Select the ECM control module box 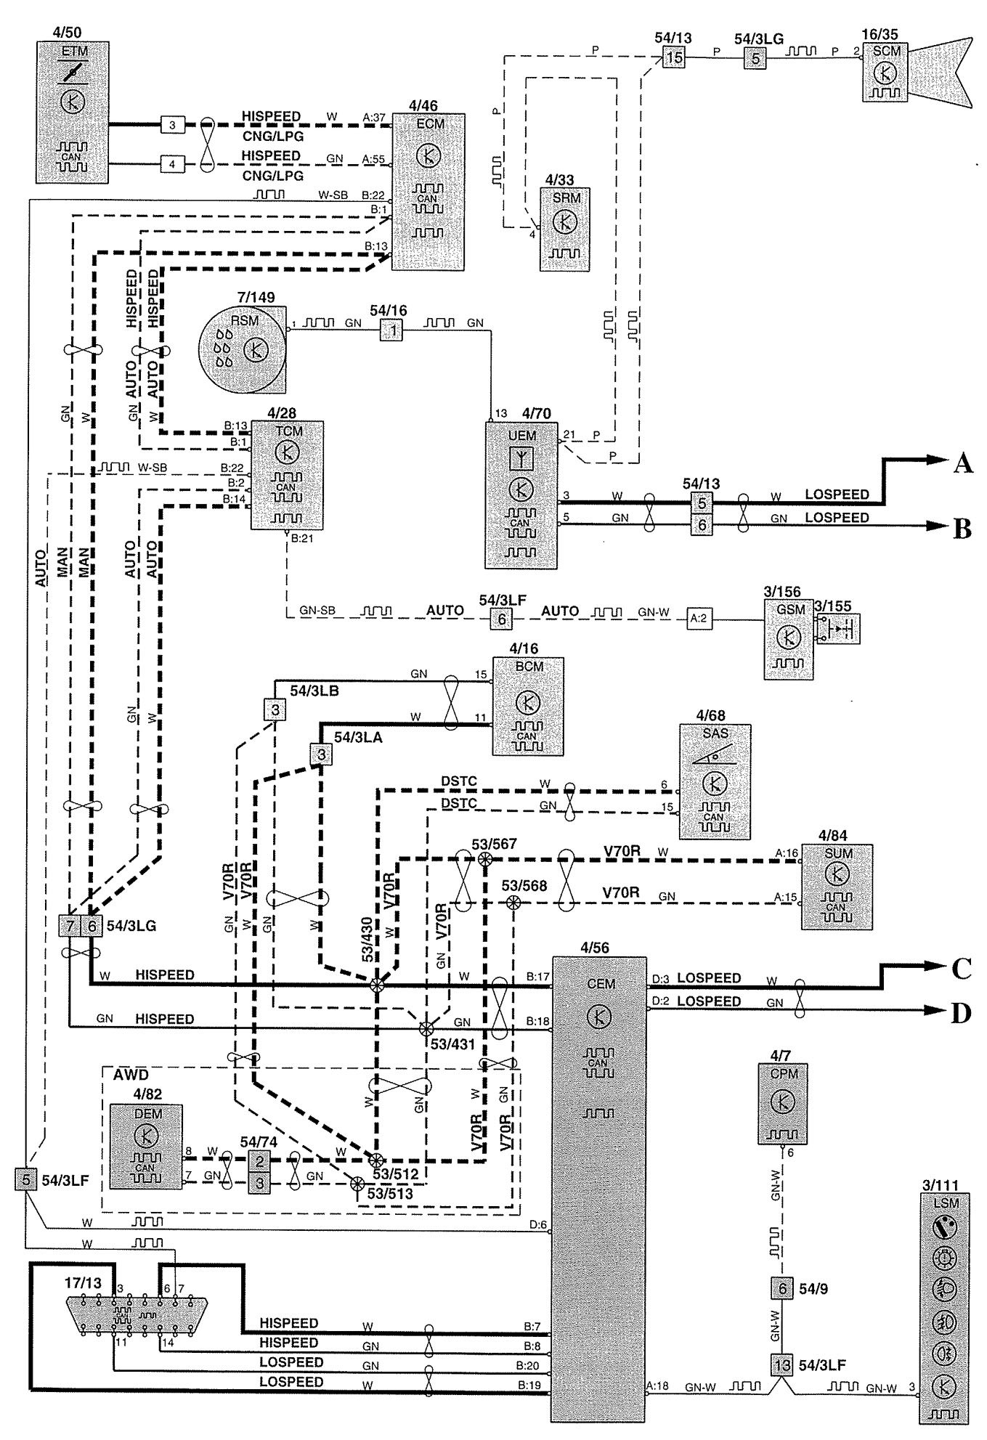click(x=427, y=192)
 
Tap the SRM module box click(x=564, y=229)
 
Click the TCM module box click(x=287, y=475)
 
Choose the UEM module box click(x=521, y=495)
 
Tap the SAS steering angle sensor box click(x=715, y=781)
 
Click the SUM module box click(x=837, y=887)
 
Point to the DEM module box click(x=146, y=1146)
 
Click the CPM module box click(x=784, y=1103)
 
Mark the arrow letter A click(x=962, y=463)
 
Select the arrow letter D click(x=961, y=1012)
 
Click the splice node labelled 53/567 click(x=485, y=859)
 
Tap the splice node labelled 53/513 click(x=357, y=1183)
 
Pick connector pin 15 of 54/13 click(x=673, y=57)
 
